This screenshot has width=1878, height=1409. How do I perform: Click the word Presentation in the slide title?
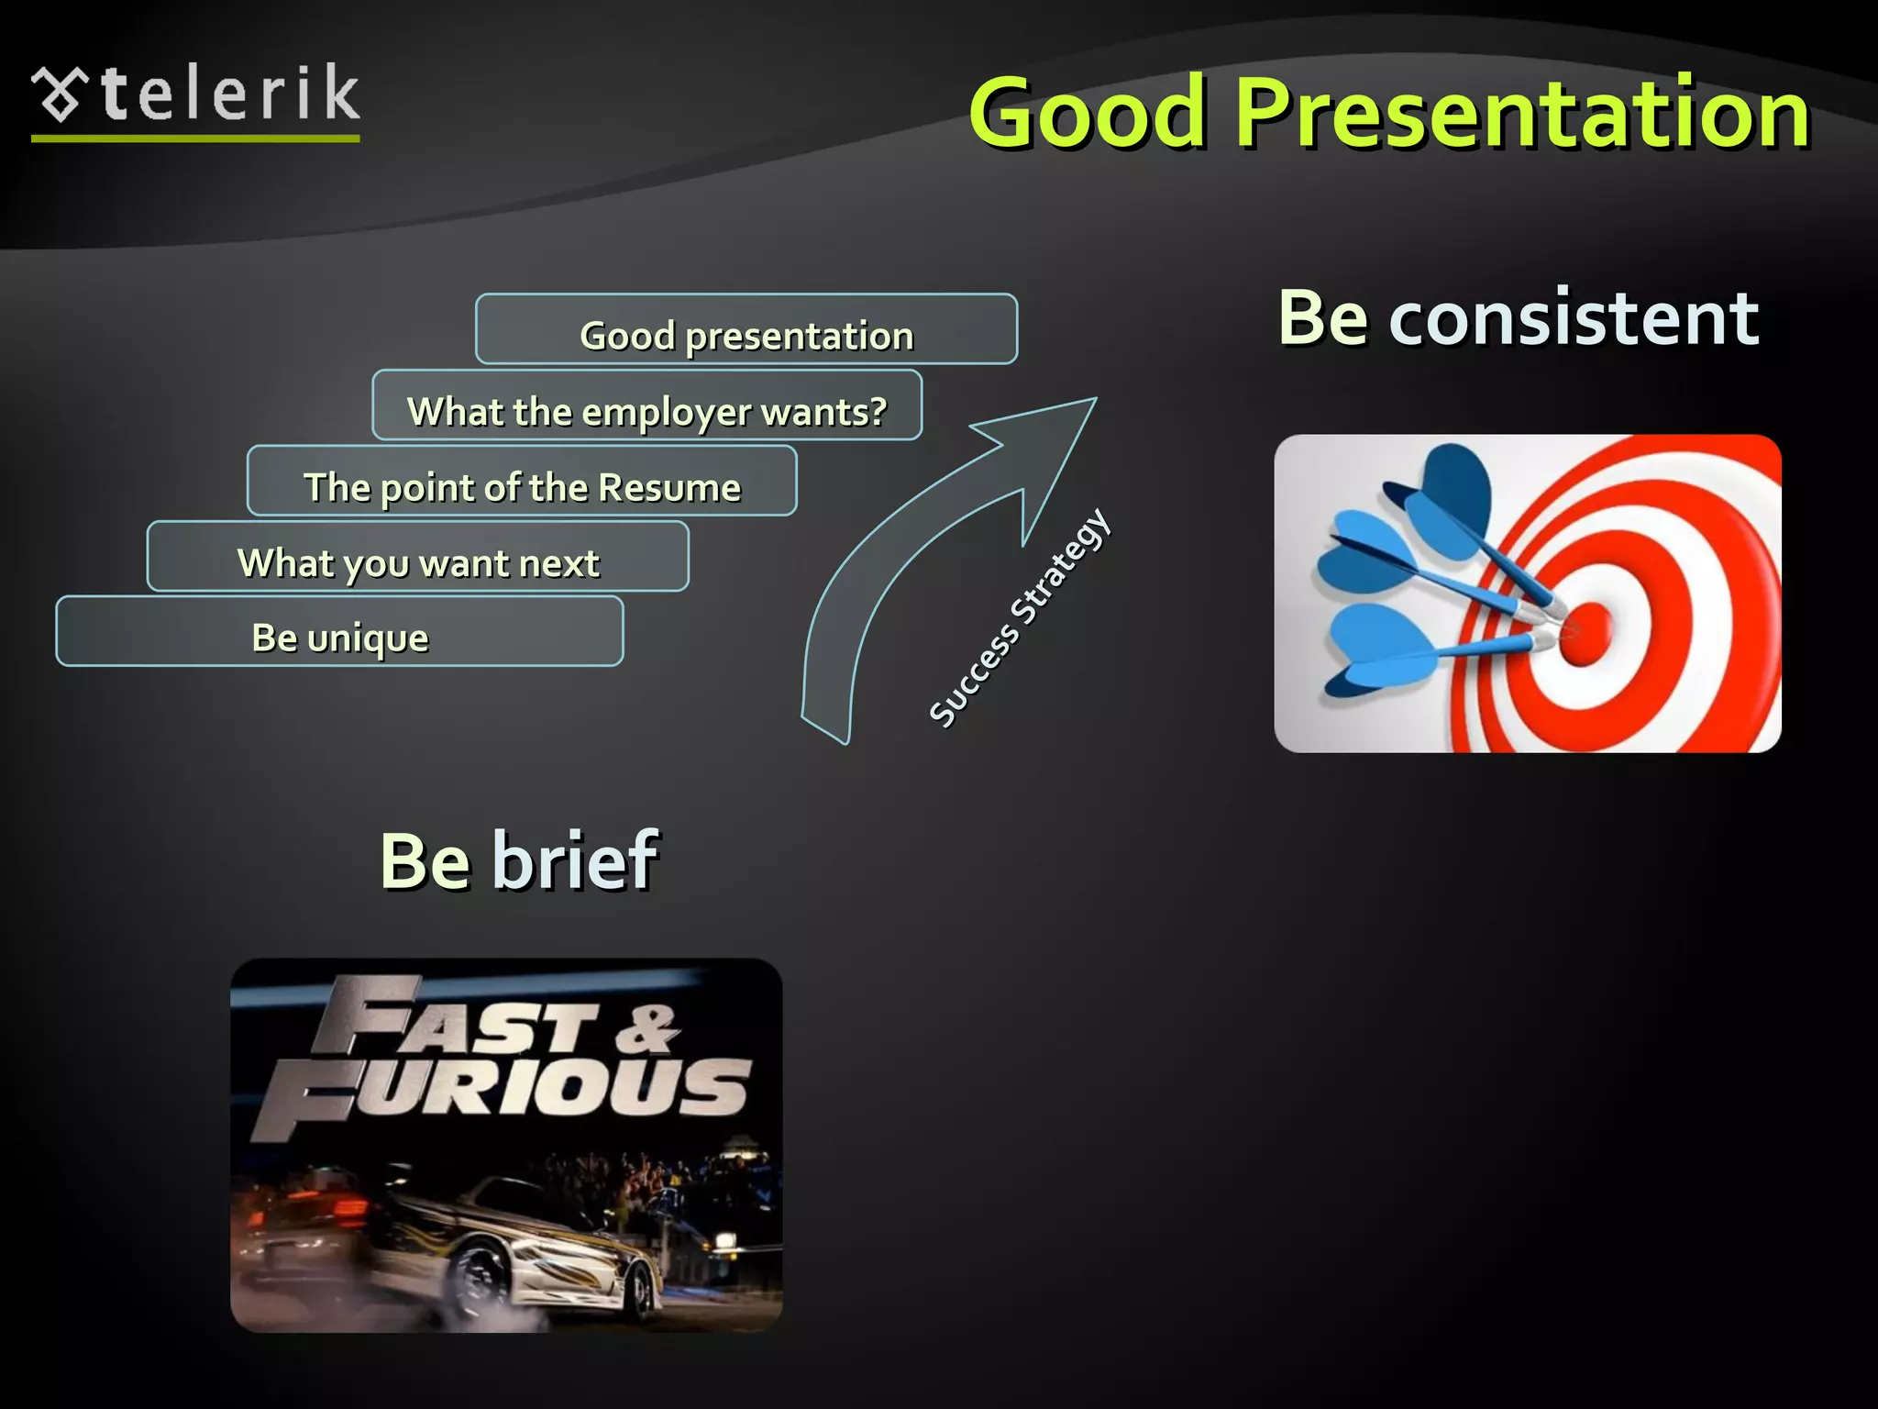(x=1522, y=113)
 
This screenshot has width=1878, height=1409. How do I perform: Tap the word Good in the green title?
(x=1086, y=113)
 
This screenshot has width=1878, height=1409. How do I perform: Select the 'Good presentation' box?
(x=746, y=329)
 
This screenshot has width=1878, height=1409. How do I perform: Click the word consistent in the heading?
(x=1574, y=318)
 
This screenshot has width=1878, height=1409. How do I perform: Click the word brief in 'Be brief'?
(x=575, y=860)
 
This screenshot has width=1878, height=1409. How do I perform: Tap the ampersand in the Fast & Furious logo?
(x=646, y=1027)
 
